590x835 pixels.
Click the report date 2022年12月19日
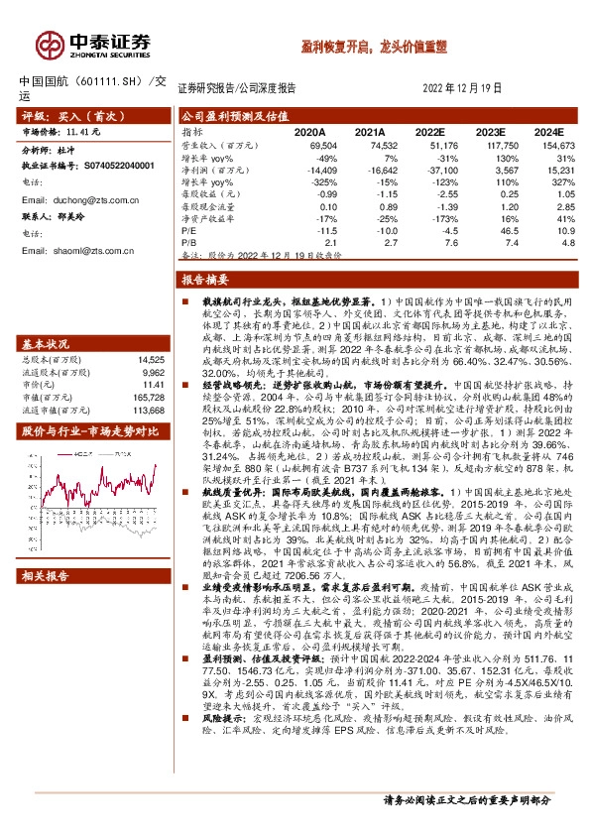(x=469, y=86)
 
